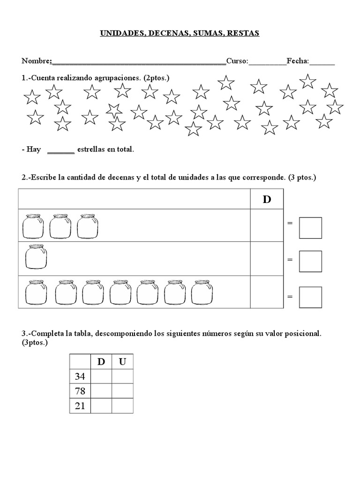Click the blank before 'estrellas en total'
click(61, 150)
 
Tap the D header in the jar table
click(267, 199)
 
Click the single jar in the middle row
click(36, 257)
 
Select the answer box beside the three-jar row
click(310, 228)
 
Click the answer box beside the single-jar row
click(310, 261)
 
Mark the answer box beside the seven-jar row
click(310, 297)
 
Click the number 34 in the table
click(80, 376)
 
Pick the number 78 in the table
click(80, 391)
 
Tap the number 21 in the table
click(80, 406)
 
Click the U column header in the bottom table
click(122, 362)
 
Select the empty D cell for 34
click(101, 376)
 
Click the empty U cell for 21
click(122, 406)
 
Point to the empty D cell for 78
click(101, 391)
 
